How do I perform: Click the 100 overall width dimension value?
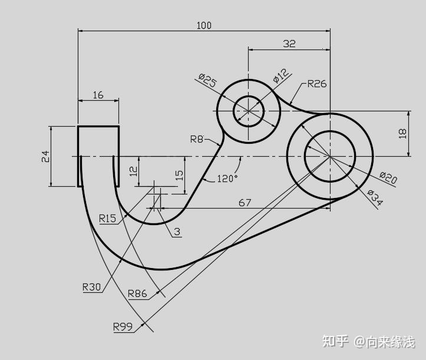tap(204, 25)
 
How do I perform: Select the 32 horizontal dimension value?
tap(289, 44)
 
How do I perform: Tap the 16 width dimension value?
tap(98, 95)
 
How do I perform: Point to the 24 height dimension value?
tap(45, 156)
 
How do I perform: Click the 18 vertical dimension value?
tap(403, 133)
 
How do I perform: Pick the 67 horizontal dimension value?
tap(245, 203)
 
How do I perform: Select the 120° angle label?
tap(227, 178)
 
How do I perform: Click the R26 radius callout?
tap(316, 84)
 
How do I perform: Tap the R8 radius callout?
tap(197, 139)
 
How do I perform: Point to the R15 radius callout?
tap(107, 219)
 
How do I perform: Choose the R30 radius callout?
tap(92, 288)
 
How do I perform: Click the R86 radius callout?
tap(137, 293)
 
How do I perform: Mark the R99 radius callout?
tap(123, 326)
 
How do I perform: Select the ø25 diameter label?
tap(207, 81)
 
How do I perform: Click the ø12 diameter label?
tap(281, 75)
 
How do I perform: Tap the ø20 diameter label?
tap(388, 178)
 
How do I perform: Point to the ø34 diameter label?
tap(374, 197)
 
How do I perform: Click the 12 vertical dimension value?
tap(134, 171)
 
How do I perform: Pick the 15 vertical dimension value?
tap(180, 175)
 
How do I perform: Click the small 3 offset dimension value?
tap(177, 232)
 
